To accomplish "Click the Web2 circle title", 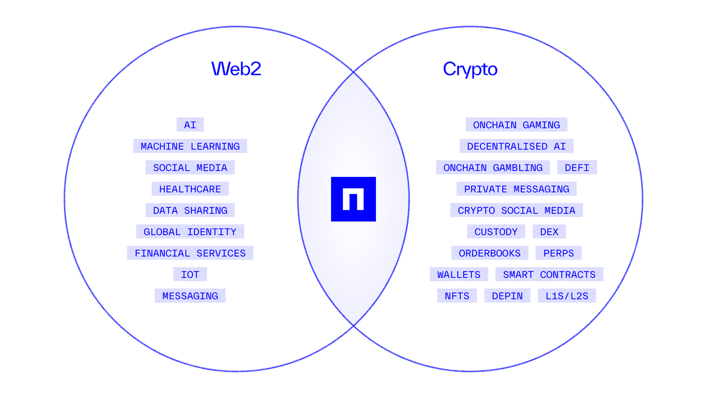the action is [236, 69].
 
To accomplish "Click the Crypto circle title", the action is [470, 69].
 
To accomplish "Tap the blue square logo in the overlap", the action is [353, 199].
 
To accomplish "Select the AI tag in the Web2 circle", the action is [190, 125].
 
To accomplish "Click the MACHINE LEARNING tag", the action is [190, 146].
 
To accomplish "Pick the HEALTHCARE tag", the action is [190, 189].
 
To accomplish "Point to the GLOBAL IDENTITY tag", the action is [190, 232].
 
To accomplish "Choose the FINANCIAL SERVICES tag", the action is [190, 254].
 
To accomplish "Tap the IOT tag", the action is [190, 275].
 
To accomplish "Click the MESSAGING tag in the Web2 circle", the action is [190, 296].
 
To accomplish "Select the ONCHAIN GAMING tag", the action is [516, 125].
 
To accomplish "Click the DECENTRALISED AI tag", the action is [516, 146].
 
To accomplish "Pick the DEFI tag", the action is [577, 168].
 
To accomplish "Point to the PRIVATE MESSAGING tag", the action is [516, 189].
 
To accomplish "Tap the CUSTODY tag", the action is [495, 232].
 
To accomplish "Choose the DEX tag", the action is [549, 232].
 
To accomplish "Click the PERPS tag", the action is [559, 254].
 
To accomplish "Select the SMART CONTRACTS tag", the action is [549, 275].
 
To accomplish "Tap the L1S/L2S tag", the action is [566, 296].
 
